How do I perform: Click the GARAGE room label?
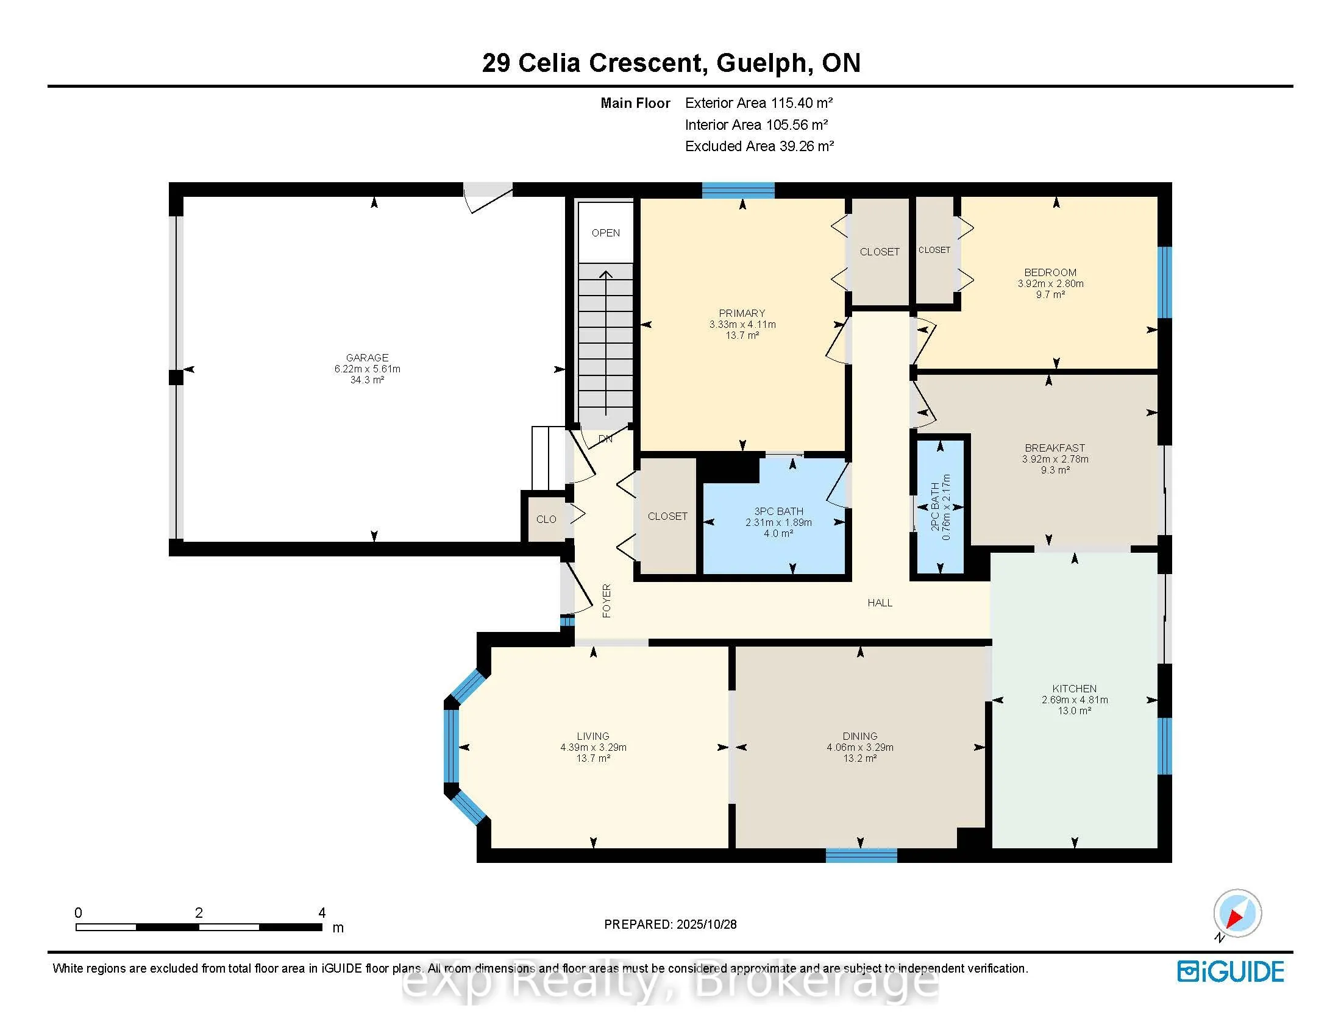click(x=367, y=357)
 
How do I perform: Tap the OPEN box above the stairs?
click(x=605, y=233)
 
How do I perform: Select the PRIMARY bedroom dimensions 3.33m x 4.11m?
click(x=742, y=324)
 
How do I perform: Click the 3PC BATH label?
click(x=778, y=511)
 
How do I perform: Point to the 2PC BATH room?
click(x=940, y=507)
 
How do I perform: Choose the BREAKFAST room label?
click(x=1055, y=448)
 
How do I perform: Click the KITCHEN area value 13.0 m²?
click(x=1074, y=711)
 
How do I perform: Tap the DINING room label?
click(x=859, y=736)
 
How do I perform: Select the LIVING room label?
click(x=592, y=736)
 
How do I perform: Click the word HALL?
click(x=879, y=603)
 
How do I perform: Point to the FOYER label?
click(x=606, y=600)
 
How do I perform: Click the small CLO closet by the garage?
click(x=546, y=519)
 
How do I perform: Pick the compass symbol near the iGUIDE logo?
click(x=1237, y=914)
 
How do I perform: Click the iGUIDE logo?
click(x=1231, y=971)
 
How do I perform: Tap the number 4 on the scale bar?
click(x=322, y=913)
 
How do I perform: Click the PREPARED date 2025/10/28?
click(x=706, y=924)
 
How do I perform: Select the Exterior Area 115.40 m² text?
click(x=758, y=103)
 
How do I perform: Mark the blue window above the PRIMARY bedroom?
click(x=738, y=190)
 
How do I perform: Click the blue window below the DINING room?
click(x=861, y=855)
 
